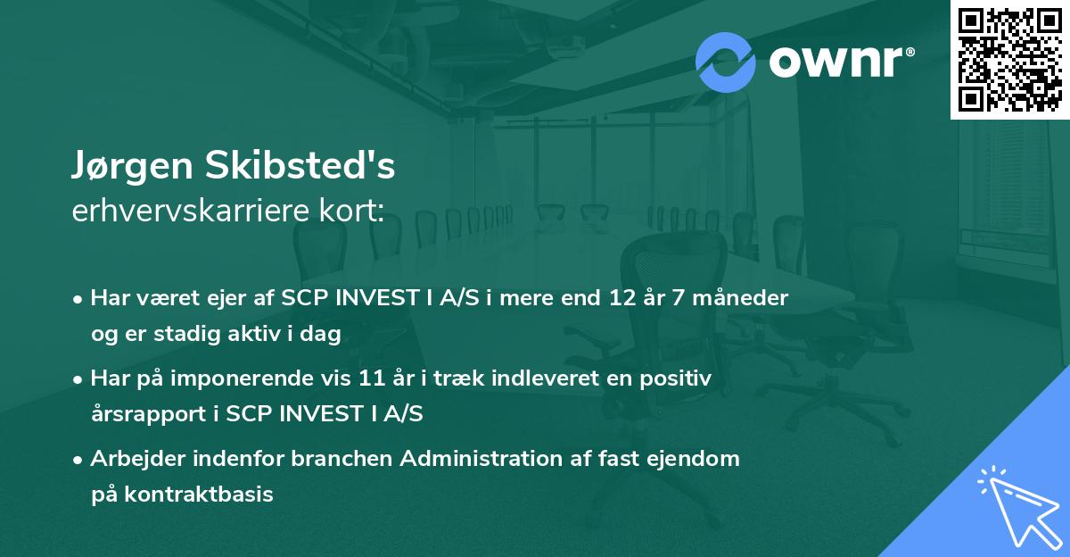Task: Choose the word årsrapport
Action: (143, 413)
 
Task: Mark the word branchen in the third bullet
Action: (342, 459)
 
